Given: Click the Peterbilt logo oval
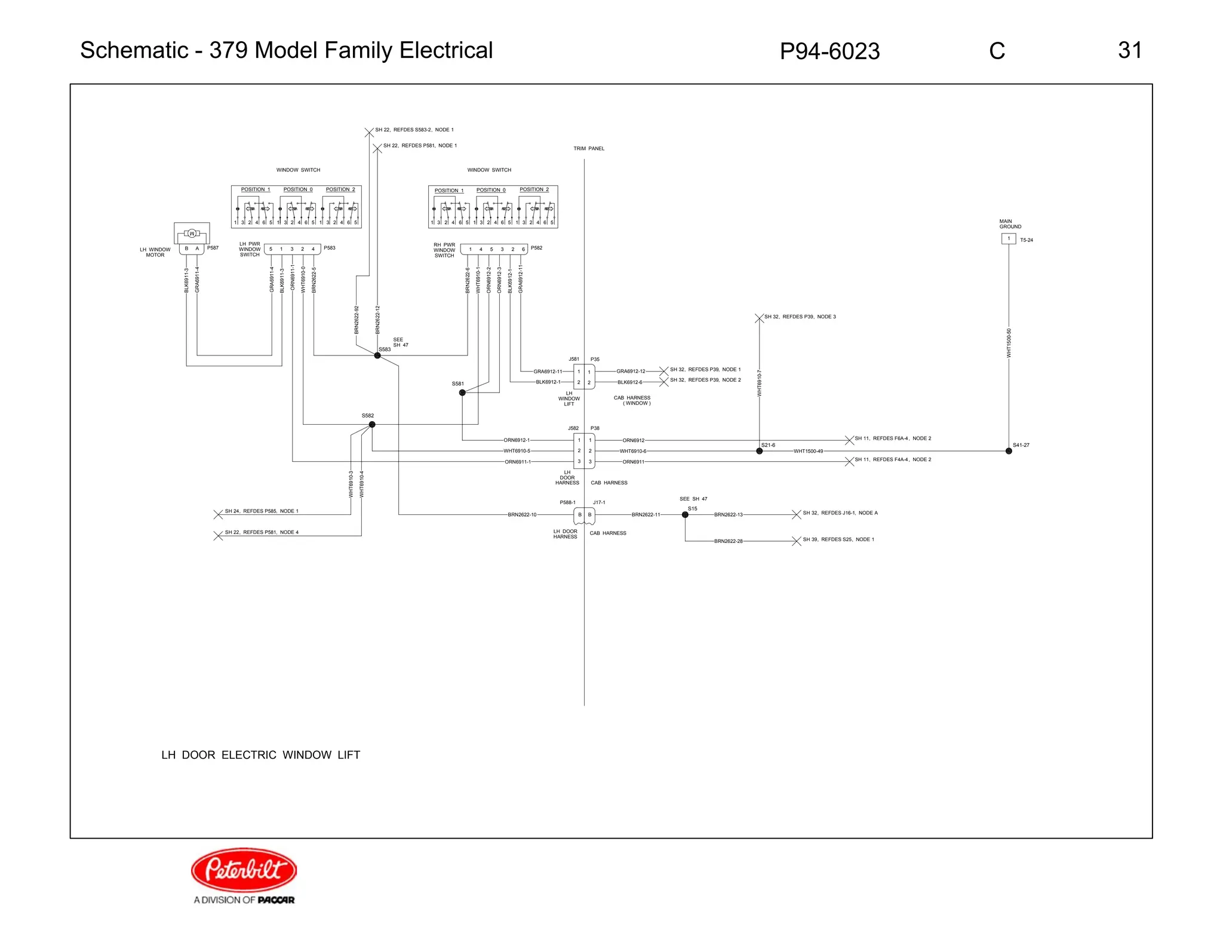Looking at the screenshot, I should [244, 869].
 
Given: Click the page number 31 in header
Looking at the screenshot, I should [1129, 50].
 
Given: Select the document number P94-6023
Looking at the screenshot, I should [829, 51].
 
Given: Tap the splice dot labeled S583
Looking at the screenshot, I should [377, 355].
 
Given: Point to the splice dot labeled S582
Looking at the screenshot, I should [372, 425].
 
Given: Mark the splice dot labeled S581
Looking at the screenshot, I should [462, 392].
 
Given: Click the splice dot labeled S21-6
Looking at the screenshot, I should [759, 451].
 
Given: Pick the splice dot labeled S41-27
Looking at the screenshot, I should [1009, 451].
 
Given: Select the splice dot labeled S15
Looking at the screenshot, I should [685, 514].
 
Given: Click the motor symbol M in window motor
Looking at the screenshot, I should [192, 233].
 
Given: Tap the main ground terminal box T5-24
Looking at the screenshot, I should [1009, 239].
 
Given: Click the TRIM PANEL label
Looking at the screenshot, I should [589, 149].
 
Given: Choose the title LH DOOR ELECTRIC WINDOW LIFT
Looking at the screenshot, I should [260, 755].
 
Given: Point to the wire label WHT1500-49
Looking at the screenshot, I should [808, 451].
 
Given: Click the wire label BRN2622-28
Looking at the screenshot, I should [728, 541].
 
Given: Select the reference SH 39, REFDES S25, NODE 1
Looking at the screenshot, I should [838, 539].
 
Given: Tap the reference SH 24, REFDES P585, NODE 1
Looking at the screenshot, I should [261, 511].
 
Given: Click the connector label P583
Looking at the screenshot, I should [330, 248].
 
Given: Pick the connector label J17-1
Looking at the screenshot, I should [599, 502].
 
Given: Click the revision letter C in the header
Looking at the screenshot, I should [997, 51].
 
